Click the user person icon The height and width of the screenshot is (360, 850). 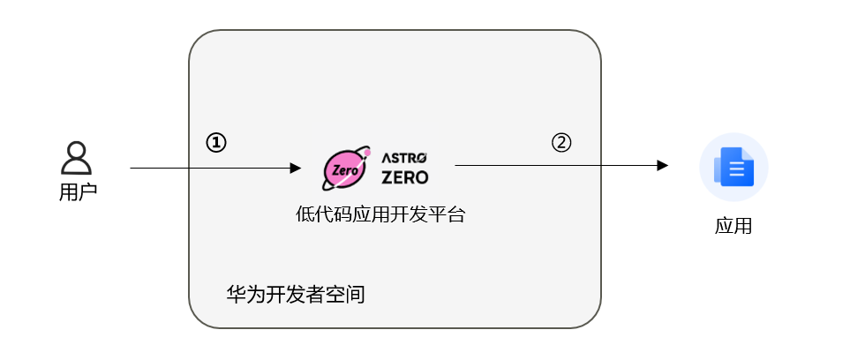click(x=76, y=158)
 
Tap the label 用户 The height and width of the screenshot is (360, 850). click(x=78, y=192)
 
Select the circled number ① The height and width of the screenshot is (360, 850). click(x=215, y=143)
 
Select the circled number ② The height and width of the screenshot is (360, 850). click(x=561, y=143)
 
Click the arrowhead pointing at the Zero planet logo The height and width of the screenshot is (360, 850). click(x=296, y=168)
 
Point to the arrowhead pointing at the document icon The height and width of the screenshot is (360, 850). click(x=663, y=165)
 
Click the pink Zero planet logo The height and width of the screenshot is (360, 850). click(x=346, y=168)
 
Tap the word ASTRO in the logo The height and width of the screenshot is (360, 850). click(x=404, y=158)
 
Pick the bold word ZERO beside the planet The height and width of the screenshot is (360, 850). click(x=404, y=177)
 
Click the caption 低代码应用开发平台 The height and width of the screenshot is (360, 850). click(x=380, y=214)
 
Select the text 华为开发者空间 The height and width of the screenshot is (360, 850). click(x=296, y=295)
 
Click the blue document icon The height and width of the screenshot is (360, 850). click(x=733, y=167)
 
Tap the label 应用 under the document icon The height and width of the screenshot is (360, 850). click(x=733, y=226)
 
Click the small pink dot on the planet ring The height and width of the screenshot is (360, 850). click(x=367, y=154)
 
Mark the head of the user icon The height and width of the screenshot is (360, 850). click(x=77, y=150)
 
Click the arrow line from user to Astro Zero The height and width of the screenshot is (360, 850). click(x=215, y=168)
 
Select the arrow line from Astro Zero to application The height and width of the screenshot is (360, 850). click(x=561, y=165)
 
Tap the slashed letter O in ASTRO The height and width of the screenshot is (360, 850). click(x=421, y=158)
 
